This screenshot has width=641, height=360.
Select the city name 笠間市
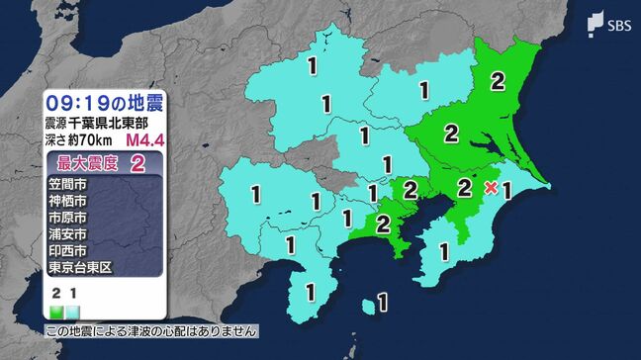67,184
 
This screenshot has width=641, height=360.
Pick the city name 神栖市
67,201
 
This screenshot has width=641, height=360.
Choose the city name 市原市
67,218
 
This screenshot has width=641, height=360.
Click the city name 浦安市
67,234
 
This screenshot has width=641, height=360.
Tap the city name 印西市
67,251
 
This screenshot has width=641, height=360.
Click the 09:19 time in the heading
76,102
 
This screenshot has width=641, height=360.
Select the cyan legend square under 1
72,312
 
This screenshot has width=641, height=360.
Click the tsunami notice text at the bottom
153,331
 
